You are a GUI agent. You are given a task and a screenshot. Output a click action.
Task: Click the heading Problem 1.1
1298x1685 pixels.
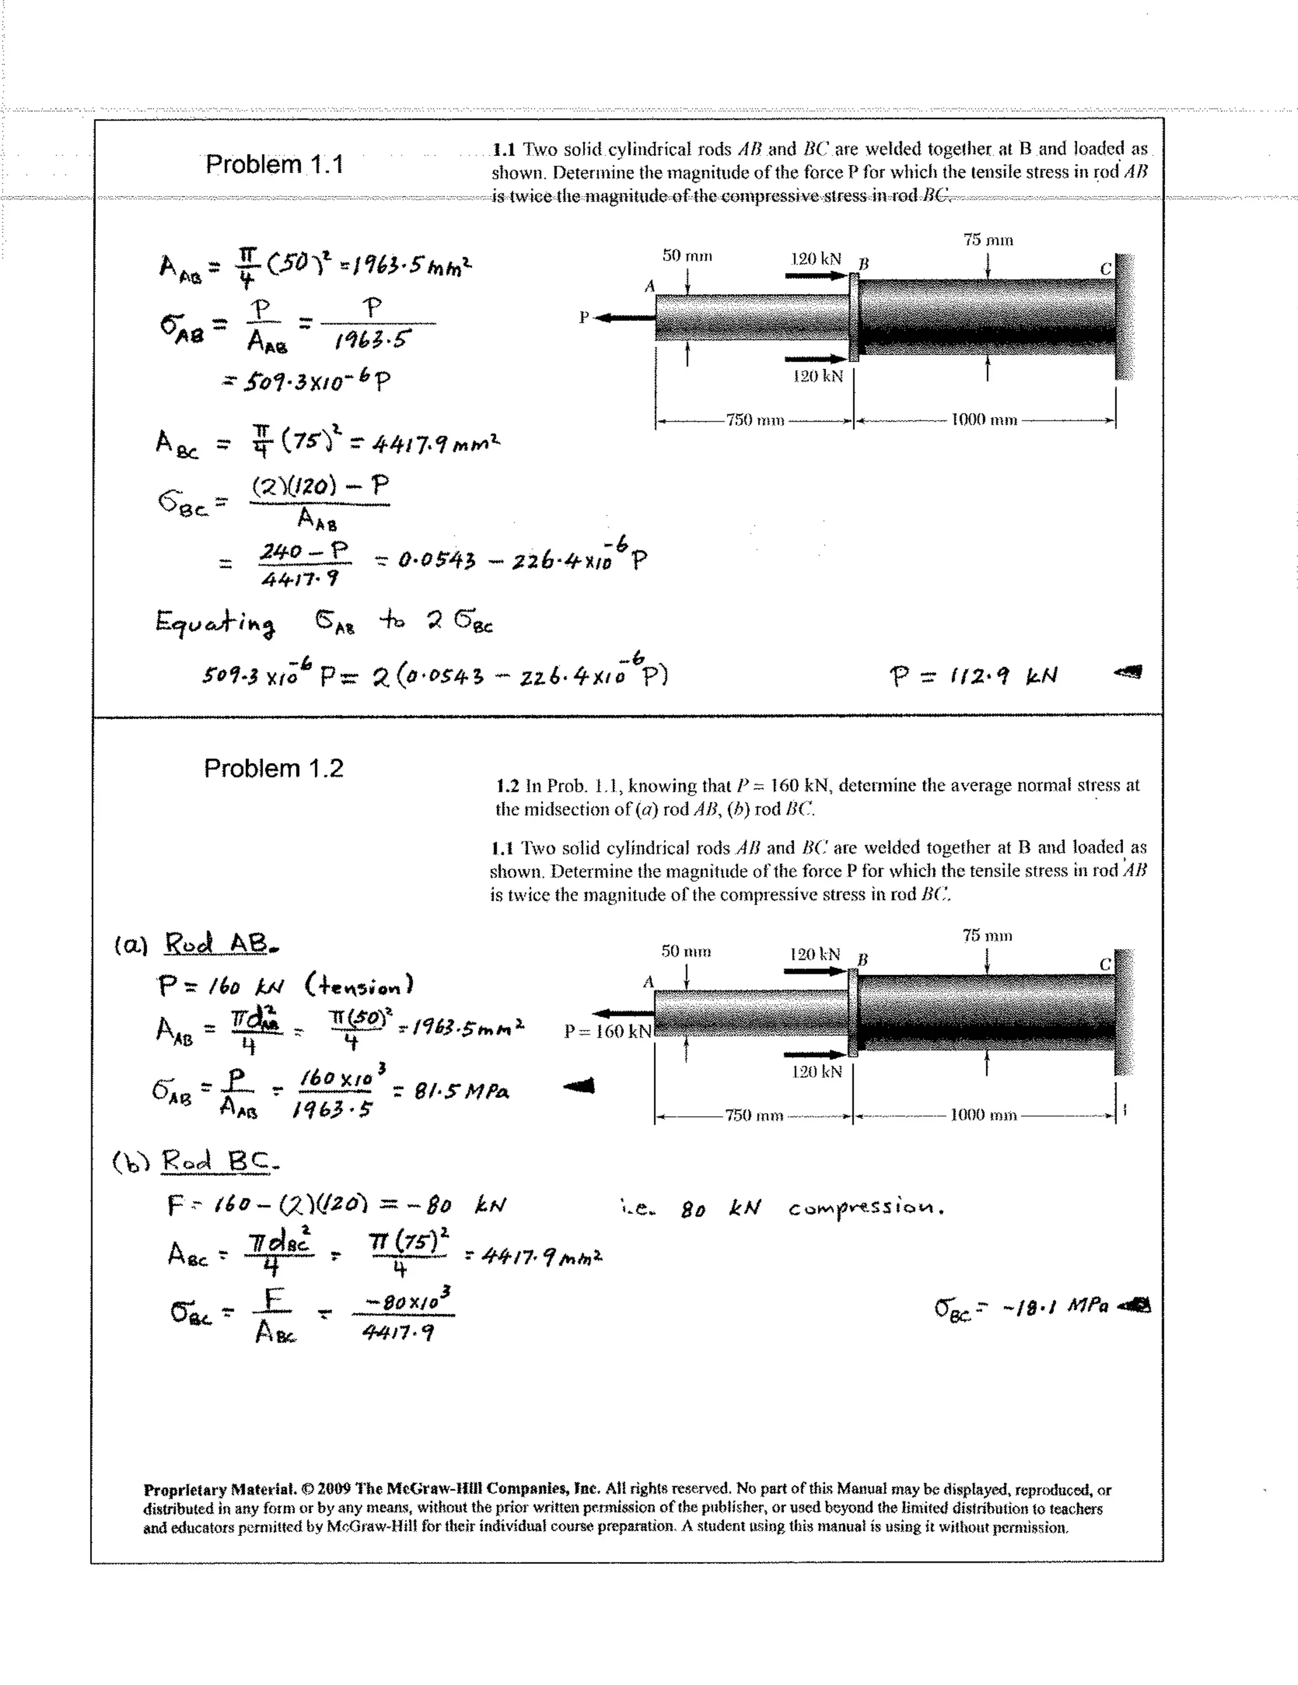[274, 164]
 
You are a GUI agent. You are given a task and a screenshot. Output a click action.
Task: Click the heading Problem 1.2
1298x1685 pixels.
[273, 768]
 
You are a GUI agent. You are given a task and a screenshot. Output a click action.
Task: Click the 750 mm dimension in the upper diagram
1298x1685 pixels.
[754, 420]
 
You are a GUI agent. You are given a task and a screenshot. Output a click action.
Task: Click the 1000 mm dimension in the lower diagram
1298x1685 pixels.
[984, 1115]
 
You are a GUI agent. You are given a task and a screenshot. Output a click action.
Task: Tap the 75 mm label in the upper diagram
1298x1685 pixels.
[988, 240]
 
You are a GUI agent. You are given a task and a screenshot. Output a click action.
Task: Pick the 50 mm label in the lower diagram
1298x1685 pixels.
[686, 952]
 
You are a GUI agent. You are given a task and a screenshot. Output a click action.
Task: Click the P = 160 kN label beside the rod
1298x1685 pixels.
[608, 1031]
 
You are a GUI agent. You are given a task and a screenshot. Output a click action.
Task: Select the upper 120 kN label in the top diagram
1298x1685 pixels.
[816, 259]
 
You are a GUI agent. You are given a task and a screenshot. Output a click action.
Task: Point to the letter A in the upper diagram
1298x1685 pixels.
[650, 287]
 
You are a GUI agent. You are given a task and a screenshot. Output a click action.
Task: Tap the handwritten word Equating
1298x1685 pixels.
[215, 623]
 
